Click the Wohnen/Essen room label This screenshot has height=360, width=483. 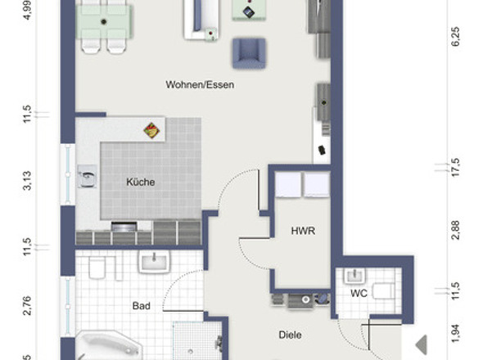pos(201,84)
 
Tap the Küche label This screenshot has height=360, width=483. pos(140,182)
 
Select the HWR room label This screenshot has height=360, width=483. pos(303,232)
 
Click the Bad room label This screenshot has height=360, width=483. pos(141,306)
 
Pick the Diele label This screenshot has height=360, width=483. pos(291,335)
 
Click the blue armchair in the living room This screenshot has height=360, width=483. pos(250,53)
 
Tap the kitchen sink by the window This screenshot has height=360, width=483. pos(86,174)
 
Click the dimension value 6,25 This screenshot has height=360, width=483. pos(455,37)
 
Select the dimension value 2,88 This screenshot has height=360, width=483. pos(455,229)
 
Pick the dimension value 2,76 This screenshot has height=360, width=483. pos(26,306)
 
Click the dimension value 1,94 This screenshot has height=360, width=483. pos(455,332)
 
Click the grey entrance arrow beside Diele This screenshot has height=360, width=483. pos(421,344)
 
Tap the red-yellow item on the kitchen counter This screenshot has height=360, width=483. pos(151,129)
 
